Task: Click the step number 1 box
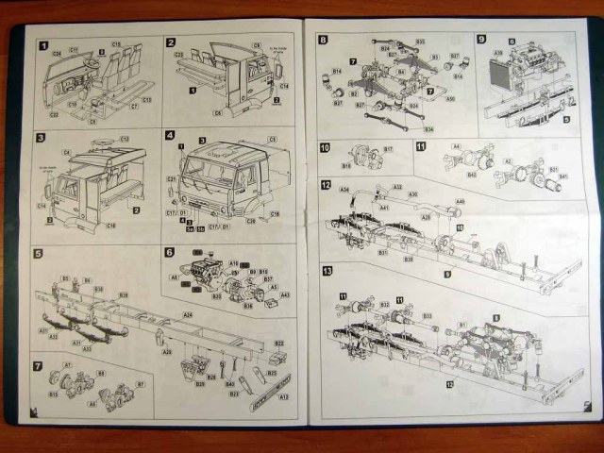(42, 44)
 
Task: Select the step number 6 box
(170, 252)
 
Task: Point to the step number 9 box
(481, 40)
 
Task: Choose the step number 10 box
(324, 148)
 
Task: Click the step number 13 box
(326, 271)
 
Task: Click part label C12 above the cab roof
(125, 139)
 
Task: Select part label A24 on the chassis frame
(187, 315)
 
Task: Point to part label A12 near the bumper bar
(283, 397)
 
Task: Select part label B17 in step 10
(388, 148)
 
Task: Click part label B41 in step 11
(565, 176)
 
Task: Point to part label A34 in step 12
(344, 190)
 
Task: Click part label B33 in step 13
(427, 316)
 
